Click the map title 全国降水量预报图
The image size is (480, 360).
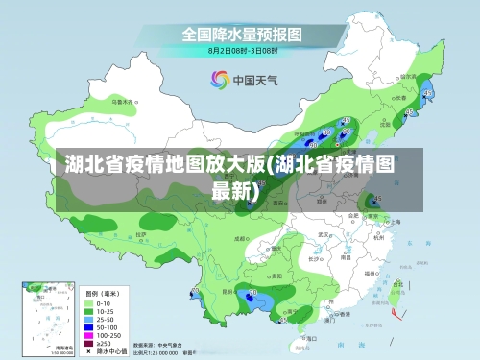(x=243, y=34)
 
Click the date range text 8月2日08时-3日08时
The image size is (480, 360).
(x=243, y=50)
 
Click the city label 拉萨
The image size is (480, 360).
(x=141, y=234)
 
